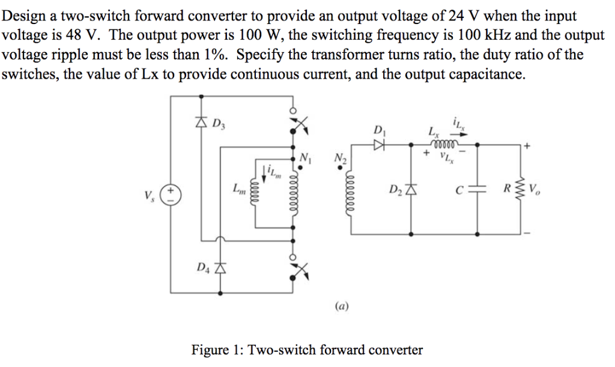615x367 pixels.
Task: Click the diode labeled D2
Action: [x=411, y=191]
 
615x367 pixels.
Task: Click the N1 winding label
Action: [x=306, y=158]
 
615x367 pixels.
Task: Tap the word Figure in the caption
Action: [x=209, y=350]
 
